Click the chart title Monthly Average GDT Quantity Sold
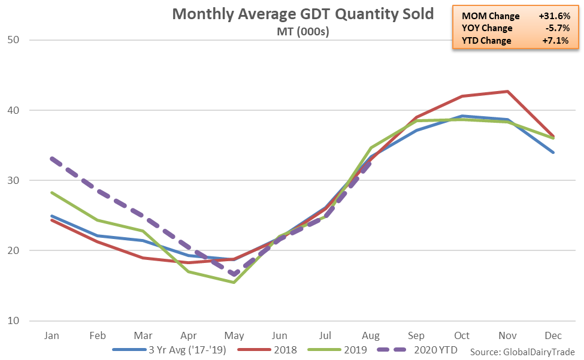302,14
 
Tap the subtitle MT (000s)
302,31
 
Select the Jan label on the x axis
52,336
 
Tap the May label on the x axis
233,336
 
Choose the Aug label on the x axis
370,336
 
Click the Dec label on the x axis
553,336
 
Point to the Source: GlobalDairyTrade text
522,351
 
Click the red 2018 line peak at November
508,91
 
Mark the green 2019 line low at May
233,282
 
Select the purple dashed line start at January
52,159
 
